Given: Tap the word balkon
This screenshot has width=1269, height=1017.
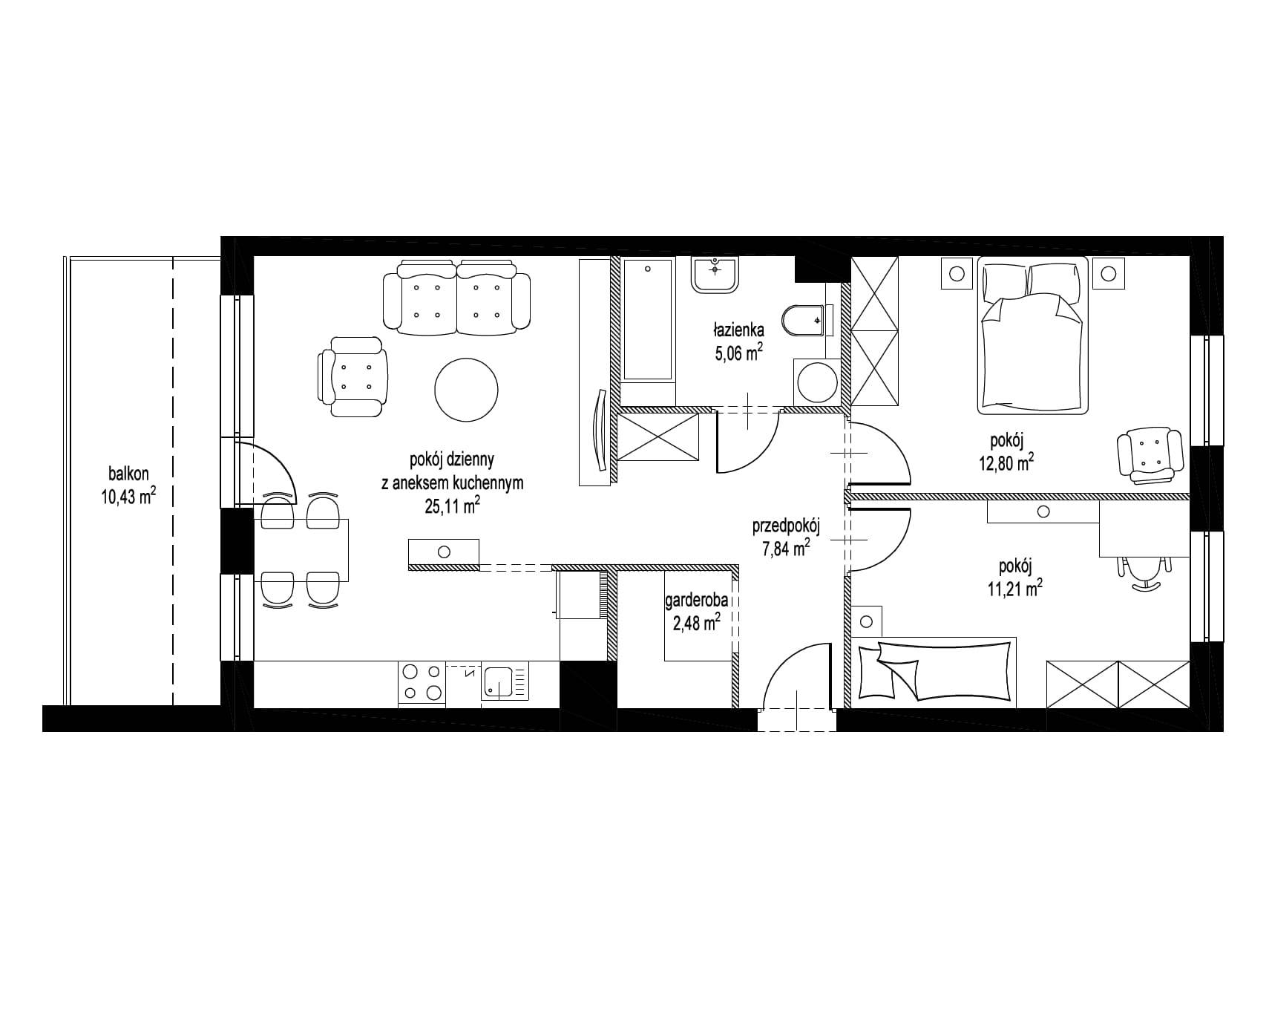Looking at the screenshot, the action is [129, 472].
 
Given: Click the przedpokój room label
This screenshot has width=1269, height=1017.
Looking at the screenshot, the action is [785, 527].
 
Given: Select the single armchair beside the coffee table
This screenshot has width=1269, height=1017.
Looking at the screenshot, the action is [353, 376].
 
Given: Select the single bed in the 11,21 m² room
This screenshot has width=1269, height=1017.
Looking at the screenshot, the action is [934, 670].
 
